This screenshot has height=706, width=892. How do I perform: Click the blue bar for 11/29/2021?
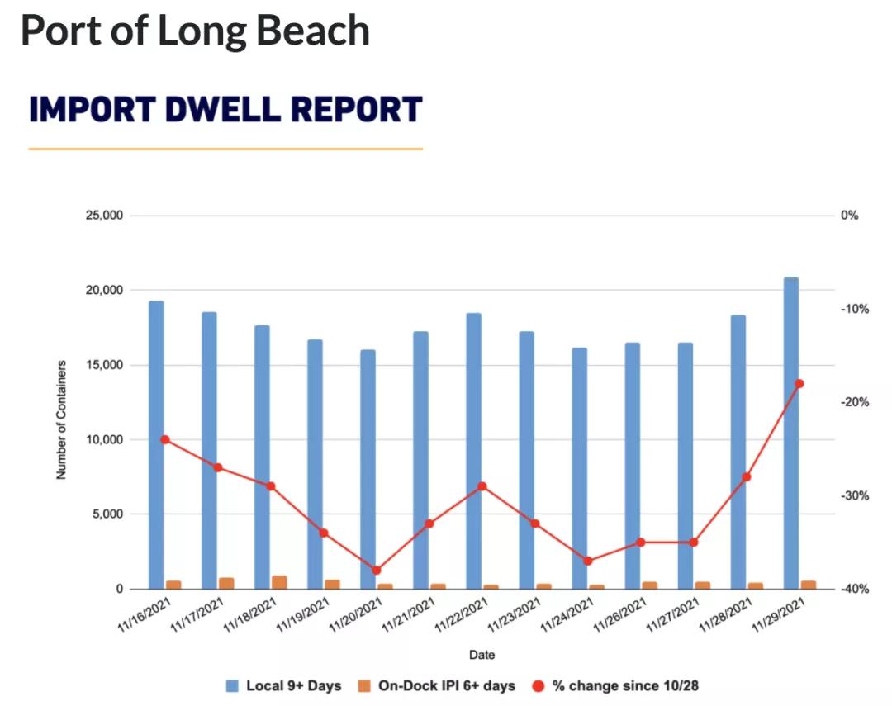(790, 433)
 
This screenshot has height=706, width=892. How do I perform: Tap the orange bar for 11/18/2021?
(279, 582)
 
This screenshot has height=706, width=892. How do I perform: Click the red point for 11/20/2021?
(377, 571)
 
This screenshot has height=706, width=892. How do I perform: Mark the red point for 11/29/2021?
(799, 384)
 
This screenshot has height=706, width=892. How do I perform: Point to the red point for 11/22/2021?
(482, 486)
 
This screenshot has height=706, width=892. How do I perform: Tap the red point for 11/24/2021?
(588, 561)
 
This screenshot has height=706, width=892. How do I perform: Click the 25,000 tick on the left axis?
(103, 216)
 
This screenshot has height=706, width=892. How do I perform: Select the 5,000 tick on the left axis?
(107, 514)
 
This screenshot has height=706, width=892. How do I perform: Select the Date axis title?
(482, 655)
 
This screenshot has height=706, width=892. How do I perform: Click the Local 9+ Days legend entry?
(292, 686)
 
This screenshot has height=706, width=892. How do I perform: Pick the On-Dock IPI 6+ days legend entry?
(446, 686)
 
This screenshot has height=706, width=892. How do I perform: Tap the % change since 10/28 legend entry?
(625, 686)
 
